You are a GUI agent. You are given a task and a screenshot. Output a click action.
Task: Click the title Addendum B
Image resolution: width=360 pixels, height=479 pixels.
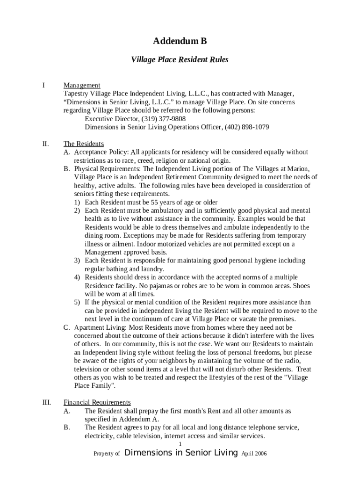click(x=180, y=42)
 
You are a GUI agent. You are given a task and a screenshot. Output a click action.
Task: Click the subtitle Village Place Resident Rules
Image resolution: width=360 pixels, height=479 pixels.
click(x=180, y=60)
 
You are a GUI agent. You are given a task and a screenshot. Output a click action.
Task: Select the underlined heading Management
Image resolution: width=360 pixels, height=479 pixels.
click(x=82, y=85)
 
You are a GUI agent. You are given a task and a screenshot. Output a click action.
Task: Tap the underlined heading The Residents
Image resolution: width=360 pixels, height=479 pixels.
click(x=84, y=144)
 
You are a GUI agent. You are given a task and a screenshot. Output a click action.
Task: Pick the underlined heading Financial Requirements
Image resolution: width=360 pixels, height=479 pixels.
click(x=97, y=402)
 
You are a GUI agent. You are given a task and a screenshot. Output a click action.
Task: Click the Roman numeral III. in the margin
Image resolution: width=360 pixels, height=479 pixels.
click(x=46, y=402)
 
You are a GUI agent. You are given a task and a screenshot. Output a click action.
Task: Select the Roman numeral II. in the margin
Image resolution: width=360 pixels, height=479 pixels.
click(x=45, y=144)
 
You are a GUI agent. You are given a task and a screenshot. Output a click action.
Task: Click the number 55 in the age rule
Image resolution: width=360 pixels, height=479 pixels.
click(x=158, y=202)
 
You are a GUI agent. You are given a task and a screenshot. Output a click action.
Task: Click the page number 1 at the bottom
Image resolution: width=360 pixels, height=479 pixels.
click(x=180, y=444)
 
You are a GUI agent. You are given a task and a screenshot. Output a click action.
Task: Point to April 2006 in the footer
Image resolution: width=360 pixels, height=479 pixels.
click(x=254, y=454)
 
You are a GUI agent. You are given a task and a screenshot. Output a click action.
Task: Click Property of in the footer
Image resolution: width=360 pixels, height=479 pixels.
click(x=107, y=454)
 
